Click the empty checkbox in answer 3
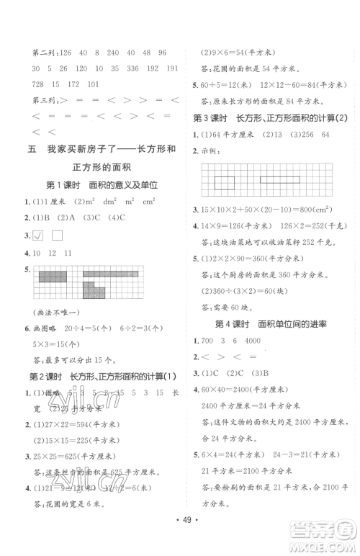tap(58, 236)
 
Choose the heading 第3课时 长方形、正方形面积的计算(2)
tap(263, 117)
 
